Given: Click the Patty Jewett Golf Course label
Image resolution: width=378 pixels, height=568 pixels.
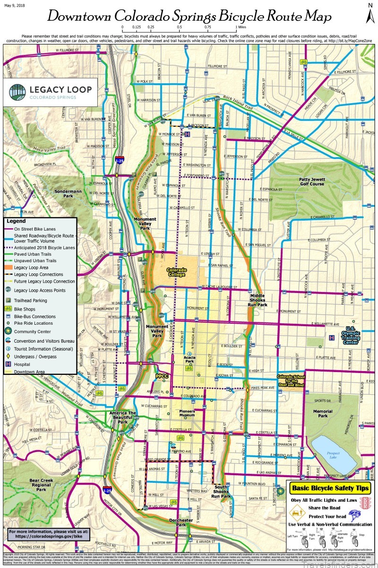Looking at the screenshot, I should tap(311, 182).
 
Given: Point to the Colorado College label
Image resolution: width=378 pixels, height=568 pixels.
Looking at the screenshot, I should tap(176, 272).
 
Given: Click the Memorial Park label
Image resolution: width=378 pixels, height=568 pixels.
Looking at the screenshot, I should tap(323, 414).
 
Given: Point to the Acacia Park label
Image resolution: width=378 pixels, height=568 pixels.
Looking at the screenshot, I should tap(189, 359).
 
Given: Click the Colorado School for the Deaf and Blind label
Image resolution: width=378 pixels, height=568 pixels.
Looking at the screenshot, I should tap(291, 381).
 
